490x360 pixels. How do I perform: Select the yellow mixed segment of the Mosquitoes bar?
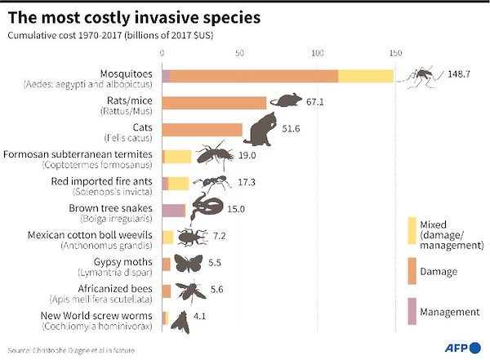(x=365, y=76)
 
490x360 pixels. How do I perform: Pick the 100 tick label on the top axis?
(x=317, y=53)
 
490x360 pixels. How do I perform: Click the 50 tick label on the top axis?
(x=239, y=53)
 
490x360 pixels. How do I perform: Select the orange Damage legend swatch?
(x=412, y=271)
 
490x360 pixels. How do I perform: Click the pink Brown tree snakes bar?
(x=173, y=210)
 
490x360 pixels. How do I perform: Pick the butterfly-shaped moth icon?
(x=188, y=263)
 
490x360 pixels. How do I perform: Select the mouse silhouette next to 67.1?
(x=284, y=101)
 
